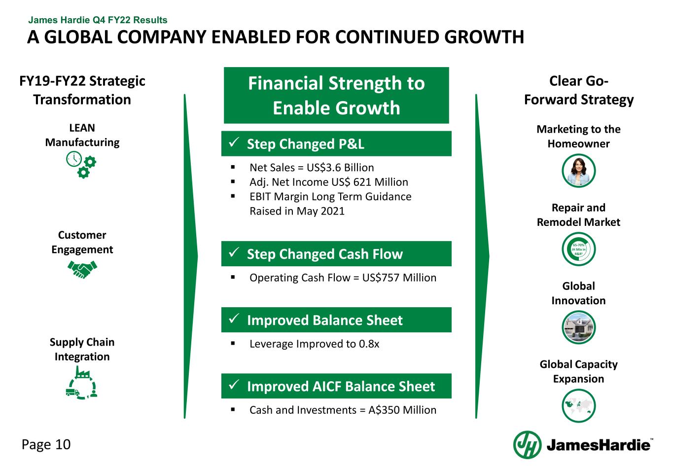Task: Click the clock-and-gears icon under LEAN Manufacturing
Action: coord(81,165)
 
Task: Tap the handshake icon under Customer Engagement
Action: coord(82,269)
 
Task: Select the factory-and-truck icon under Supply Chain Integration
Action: coord(81,383)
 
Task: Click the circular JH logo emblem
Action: coord(527,445)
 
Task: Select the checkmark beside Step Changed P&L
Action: coord(234,142)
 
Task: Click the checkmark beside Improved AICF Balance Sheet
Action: coord(234,385)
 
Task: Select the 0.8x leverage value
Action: coord(369,344)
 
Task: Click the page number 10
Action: coord(63,444)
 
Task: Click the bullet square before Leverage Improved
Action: coord(233,343)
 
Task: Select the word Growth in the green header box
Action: coord(370,108)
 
